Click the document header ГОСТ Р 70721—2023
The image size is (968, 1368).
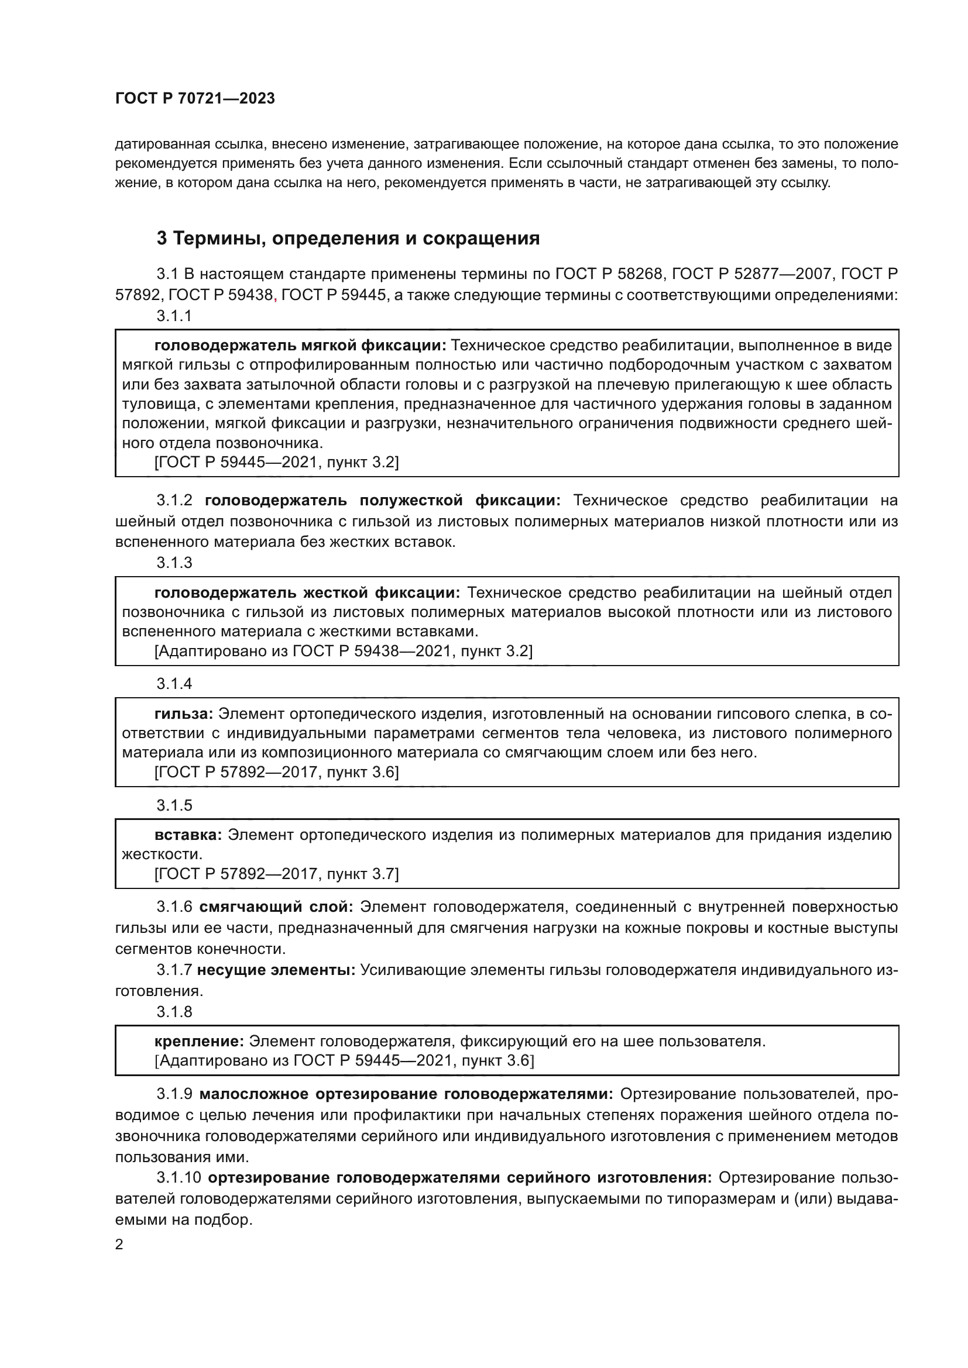[x=195, y=99]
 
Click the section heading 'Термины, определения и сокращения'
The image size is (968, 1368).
[x=356, y=238]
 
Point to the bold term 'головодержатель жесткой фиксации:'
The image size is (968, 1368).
[x=307, y=593]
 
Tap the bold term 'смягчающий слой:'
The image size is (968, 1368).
[x=276, y=908]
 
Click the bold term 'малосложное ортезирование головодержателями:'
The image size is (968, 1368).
[x=406, y=1094]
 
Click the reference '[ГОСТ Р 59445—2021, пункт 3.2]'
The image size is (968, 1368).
[x=277, y=462]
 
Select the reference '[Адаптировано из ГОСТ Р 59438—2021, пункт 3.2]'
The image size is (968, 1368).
[x=344, y=650]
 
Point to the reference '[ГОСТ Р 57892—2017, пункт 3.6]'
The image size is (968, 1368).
[x=277, y=772]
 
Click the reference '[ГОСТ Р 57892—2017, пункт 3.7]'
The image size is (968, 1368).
[x=277, y=874]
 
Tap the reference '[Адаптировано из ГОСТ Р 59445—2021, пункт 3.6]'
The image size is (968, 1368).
[x=344, y=1060]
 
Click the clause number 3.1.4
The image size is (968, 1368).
[x=174, y=684]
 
